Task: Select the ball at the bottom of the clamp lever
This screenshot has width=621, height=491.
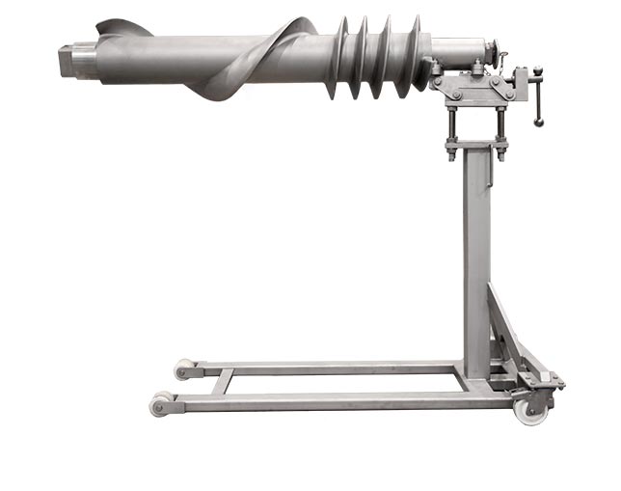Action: click(539, 123)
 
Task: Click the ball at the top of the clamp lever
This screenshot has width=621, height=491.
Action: click(537, 70)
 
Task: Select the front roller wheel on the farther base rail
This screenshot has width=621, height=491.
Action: click(183, 369)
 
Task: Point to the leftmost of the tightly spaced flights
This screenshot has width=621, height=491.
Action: click(339, 58)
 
